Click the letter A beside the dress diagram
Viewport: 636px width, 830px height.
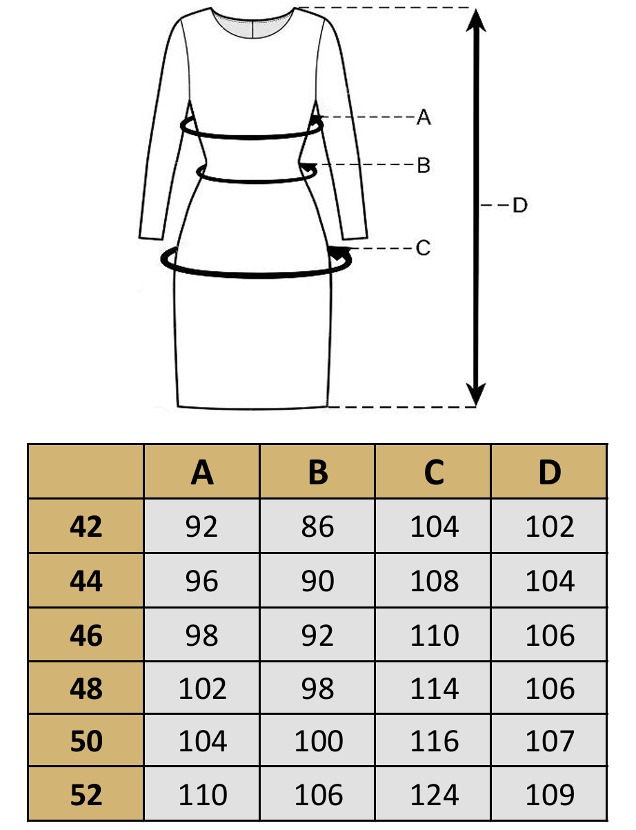coord(424,117)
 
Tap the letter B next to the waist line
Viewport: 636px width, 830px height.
coord(424,166)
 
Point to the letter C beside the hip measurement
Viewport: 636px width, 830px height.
coord(424,248)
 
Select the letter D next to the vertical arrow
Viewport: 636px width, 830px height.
coord(519,205)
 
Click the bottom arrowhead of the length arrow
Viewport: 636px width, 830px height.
coord(475,395)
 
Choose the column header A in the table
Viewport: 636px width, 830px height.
coord(202,473)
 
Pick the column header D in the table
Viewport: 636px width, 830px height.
coord(550,473)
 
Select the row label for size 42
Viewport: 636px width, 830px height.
coord(86,527)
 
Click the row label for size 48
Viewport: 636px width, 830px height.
coord(86,688)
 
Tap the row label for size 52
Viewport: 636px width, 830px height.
coord(86,796)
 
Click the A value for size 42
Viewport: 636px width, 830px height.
coord(202,527)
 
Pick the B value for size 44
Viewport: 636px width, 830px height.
coord(318,581)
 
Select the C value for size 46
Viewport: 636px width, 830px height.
coord(434,635)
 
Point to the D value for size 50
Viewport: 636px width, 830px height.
coord(550,742)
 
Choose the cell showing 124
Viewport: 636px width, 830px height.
coord(434,796)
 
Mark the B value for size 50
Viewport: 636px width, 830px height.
coord(318,742)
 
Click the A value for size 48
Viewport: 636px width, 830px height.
coord(202,688)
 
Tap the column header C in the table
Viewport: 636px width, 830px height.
coord(434,473)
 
